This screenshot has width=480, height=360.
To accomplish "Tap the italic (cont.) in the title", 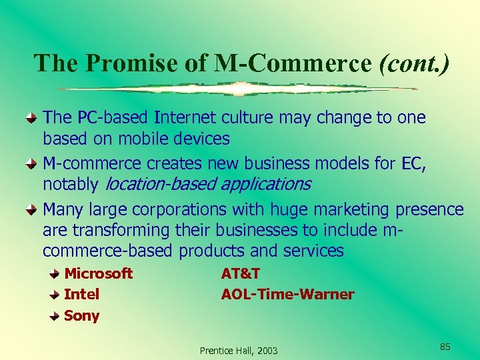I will point(413,63).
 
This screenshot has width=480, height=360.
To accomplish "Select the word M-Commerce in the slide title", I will point(294,63).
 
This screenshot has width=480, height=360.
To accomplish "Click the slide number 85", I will point(445,347).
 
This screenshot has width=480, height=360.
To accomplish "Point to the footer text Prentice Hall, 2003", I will point(239,351).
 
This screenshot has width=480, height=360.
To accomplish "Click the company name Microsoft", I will point(99,273).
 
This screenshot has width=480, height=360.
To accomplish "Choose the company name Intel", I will point(82,294).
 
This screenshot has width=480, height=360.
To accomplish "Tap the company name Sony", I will point(82,315).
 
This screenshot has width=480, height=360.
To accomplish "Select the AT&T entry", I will point(241,273).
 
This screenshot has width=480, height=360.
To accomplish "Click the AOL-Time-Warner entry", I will point(288,294).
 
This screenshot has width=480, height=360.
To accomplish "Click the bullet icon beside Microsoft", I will point(56,273).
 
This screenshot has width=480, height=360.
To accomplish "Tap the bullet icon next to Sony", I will point(56,315).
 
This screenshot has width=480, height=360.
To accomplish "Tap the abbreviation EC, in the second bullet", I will point(414,163).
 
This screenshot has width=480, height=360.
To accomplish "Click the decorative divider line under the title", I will point(238,89).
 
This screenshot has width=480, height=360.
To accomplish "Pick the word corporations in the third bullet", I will point(180,210).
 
